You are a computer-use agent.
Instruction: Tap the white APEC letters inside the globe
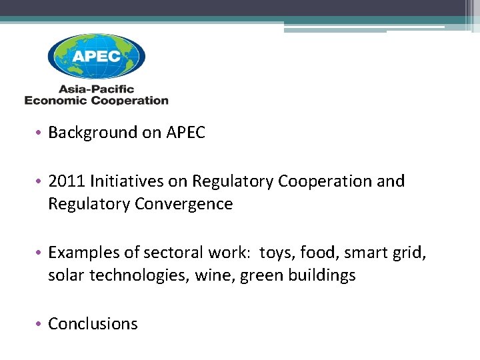click(x=96, y=56)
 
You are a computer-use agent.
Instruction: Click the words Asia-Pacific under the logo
click(x=97, y=89)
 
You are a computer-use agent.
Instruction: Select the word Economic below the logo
click(x=55, y=101)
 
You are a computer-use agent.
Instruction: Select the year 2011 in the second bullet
click(x=66, y=181)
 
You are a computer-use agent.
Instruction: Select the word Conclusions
click(x=93, y=324)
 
